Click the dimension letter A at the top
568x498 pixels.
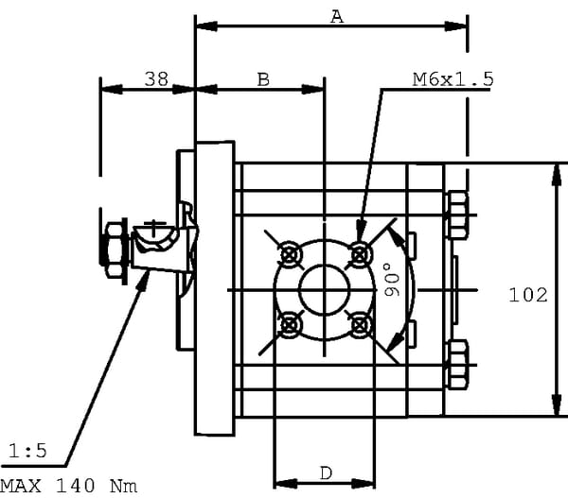point(334,15)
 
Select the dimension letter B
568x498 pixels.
point(264,80)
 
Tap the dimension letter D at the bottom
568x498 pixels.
point(325,472)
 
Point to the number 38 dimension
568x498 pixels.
point(156,80)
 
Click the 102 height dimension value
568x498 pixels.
point(528,296)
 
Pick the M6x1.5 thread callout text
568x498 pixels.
point(453,80)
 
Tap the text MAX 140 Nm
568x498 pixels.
point(68,486)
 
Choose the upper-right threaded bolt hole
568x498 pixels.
point(359,253)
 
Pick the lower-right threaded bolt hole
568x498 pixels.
point(359,324)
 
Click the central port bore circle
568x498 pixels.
point(325,289)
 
